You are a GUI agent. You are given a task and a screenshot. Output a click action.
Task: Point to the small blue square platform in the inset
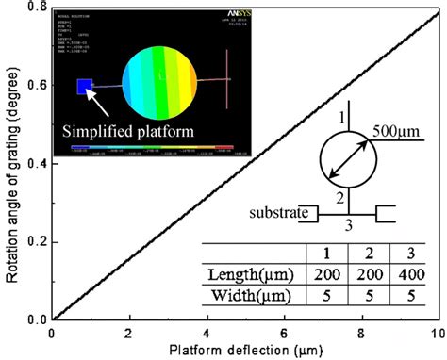[84, 87]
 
